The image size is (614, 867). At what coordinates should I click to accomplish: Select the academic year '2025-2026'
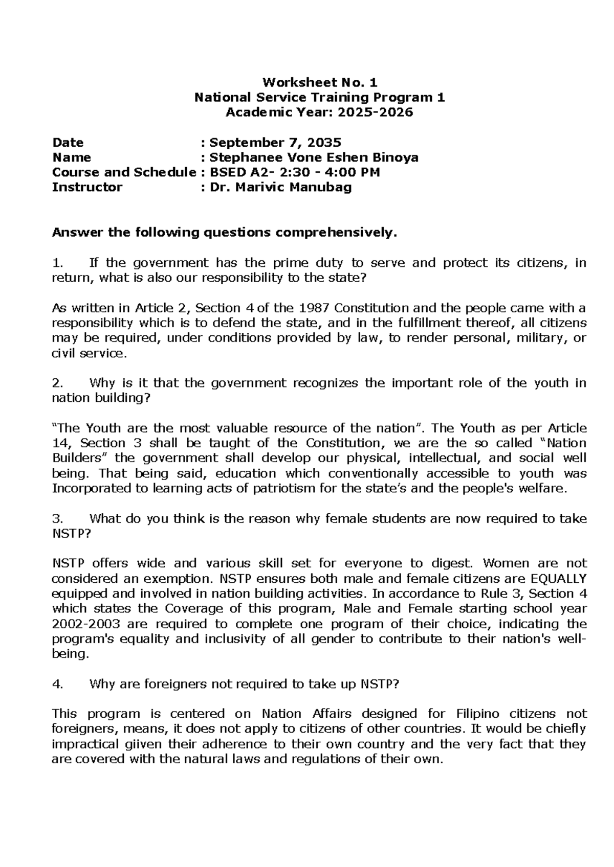[x=374, y=112]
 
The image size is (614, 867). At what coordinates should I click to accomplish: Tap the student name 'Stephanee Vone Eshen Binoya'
[x=314, y=157]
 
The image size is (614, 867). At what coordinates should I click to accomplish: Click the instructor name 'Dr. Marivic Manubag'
[x=281, y=188]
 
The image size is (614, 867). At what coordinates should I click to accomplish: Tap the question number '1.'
[x=57, y=263]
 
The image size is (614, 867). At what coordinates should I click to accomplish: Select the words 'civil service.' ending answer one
[x=89, y=354]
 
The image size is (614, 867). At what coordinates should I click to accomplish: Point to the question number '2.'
[x=57, y=383]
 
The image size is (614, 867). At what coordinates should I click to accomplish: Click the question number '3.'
[x=57, y=519]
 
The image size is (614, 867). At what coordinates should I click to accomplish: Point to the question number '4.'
[x=57, y=685]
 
